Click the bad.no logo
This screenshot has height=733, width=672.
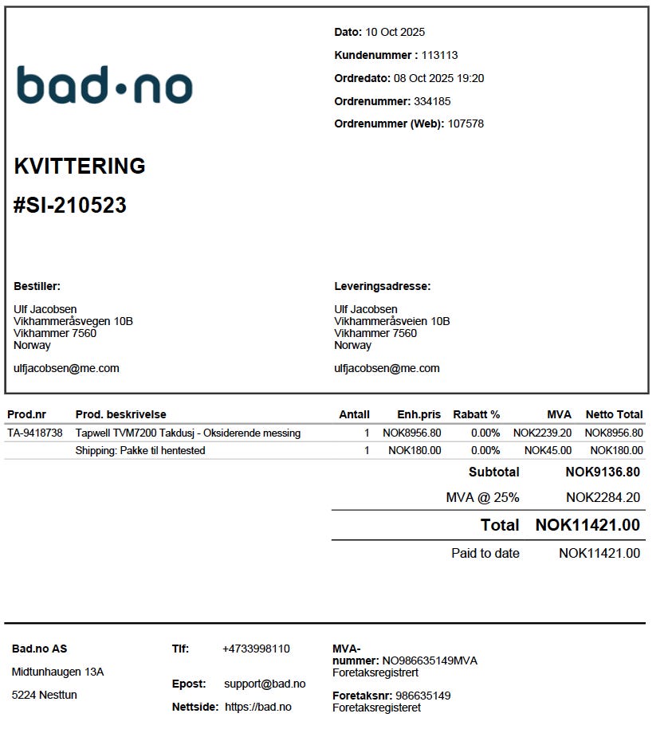click(104, 85)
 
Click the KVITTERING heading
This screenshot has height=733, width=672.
click(80, 167)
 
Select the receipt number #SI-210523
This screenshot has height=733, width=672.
click(70, 206)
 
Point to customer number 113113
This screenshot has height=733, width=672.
click(439, 55)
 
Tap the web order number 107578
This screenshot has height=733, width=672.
click(466, 123)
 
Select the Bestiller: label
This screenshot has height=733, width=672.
click(37, 286)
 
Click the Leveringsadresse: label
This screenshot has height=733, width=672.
click(382, 286)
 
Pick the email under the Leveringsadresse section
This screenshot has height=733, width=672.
click(387, 368)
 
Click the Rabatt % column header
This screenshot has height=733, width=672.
click(476, 414)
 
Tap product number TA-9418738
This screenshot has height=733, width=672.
click(34, 433)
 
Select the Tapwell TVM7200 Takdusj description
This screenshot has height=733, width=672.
click(188, 433)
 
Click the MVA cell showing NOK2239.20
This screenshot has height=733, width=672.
click(542, 433)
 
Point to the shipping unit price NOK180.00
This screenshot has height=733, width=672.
click(415, 451)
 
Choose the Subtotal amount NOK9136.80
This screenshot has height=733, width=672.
click(603, 472)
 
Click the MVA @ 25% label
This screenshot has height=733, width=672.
click(482, 498)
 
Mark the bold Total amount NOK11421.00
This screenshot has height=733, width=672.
click(588, 525)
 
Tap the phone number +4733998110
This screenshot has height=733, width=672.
click(256, 649)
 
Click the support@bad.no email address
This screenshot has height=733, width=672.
click(265, 684)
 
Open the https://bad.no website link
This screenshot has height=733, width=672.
click(258, 707)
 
